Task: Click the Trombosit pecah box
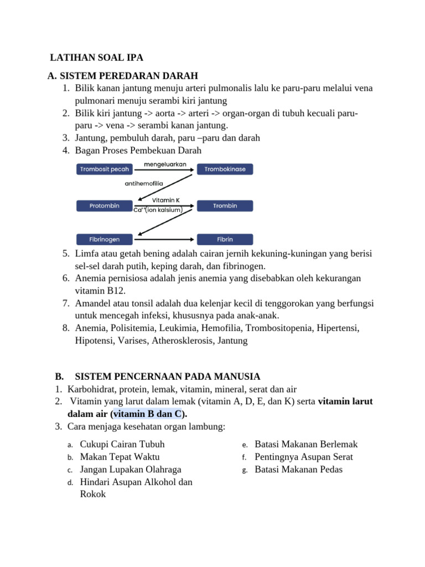[x=105, y=169]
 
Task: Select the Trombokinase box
[x=225, y=169]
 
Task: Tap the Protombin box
[x=105, y=206]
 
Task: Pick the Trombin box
[x=225, y=206]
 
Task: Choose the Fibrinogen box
[x=105, y=240]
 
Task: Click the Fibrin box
[x=225, y=240]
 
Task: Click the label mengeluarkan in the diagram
[x=165, y=164]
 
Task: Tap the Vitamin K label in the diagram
[x=165, y=200]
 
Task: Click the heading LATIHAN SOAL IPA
[x=97, y=58]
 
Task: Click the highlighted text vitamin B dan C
[x=148, y=414]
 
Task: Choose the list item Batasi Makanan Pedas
[x=298, y=470]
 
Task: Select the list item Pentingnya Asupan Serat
[x=303, y=457]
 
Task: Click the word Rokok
[x=93, y=494]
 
